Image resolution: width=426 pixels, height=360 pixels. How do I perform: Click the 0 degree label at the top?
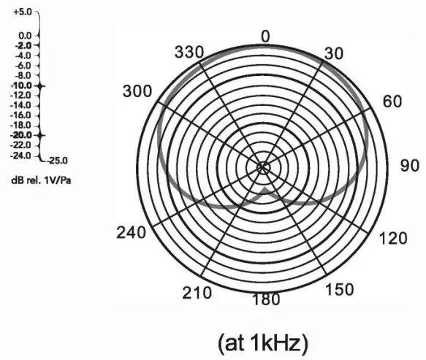click(265, 37)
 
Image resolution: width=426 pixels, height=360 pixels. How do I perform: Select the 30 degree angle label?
click(332, 53)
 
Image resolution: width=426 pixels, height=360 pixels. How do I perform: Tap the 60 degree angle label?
click(392, 102)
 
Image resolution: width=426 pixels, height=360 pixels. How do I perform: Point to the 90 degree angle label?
click(410, 165)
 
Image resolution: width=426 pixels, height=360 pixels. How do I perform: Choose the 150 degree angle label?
click(338, 290)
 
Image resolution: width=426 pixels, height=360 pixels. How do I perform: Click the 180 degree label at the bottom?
click(266, 300)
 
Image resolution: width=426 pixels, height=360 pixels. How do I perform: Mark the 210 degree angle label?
click(197, 293)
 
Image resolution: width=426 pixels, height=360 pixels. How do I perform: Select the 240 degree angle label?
click(132, 233)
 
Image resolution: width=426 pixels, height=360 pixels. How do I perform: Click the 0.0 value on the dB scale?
click(24, 35)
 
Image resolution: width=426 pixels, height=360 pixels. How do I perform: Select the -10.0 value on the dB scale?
click(21, 85)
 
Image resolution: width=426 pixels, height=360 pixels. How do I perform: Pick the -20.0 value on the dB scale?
click(21, 135)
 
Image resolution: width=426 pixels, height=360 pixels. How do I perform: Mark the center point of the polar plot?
click(263, 167)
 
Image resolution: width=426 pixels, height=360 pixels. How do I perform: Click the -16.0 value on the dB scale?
click(21, 115)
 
